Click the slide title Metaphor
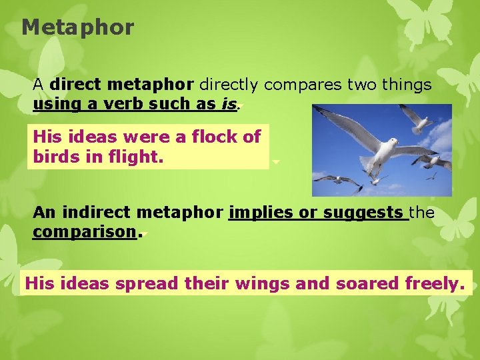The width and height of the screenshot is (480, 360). (77, 28)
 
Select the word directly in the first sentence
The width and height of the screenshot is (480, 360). (230, 85)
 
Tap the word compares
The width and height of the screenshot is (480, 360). (305, 85)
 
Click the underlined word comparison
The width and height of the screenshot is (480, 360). (84, 232)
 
